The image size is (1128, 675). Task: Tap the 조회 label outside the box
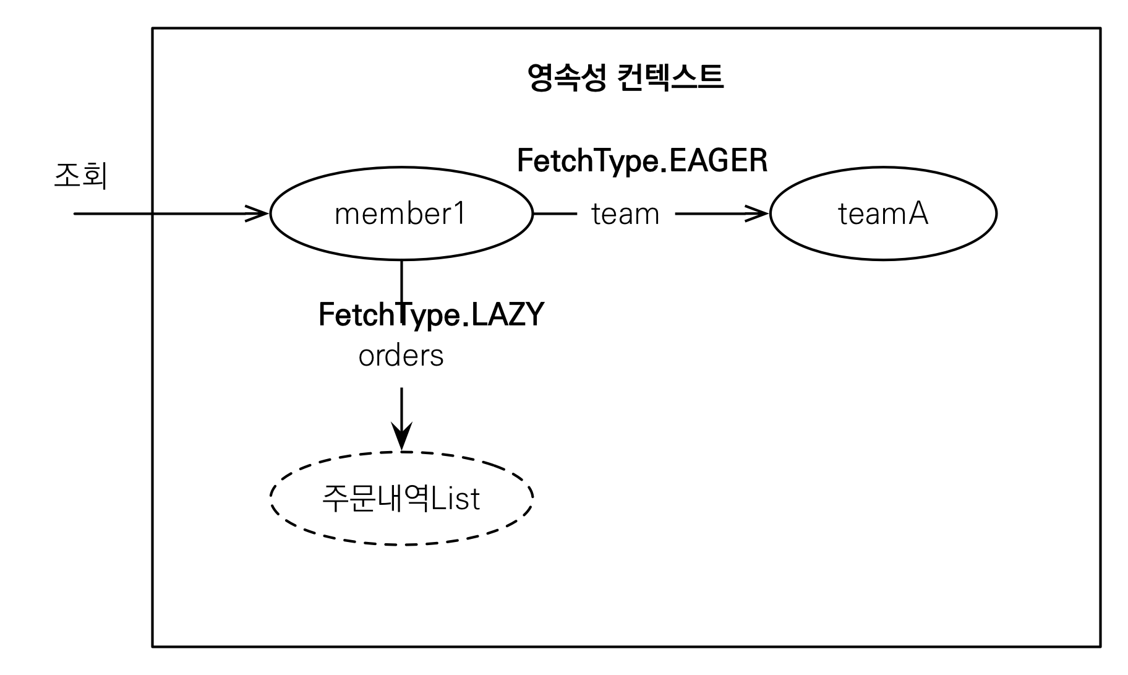80,176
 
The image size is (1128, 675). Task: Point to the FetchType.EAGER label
642,161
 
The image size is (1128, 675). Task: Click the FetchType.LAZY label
431,314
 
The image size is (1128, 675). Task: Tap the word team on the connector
625,214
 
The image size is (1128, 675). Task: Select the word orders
401,356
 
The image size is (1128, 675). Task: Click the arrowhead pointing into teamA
759,214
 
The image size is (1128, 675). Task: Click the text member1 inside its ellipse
399,214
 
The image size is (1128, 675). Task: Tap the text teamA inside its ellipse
883,214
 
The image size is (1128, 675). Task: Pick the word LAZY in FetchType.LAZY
507,314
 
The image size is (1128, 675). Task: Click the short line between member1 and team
555,214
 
